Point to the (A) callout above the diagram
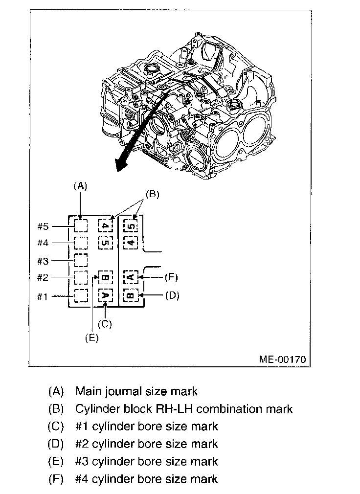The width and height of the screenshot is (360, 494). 80,186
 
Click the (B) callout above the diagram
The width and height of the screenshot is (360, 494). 153,194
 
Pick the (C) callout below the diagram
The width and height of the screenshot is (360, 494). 105,323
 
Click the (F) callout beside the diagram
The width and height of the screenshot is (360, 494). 171,277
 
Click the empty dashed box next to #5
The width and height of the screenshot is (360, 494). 81,226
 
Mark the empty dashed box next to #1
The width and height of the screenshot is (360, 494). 81,295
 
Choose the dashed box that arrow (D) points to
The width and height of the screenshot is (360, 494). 130,295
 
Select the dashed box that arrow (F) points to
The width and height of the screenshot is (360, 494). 130,277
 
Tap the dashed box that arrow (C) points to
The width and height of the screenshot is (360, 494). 106,295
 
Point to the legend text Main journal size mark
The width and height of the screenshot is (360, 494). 136,391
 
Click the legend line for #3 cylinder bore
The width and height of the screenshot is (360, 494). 147,461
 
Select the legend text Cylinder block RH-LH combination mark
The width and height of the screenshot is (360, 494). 184,409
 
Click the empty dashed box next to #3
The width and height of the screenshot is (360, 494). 81,260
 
